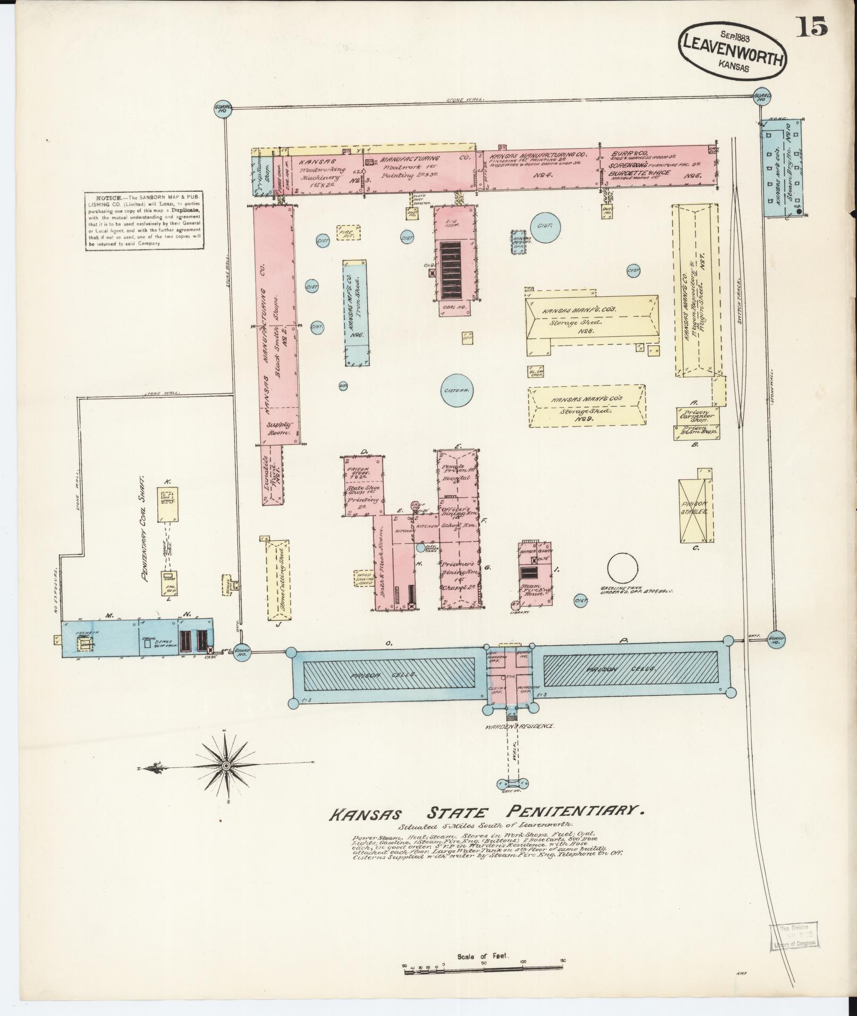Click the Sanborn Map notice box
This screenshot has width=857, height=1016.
tap(145, 221)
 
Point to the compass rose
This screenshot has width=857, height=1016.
tap(225, 765)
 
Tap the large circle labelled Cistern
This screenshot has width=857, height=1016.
tap(456, 390)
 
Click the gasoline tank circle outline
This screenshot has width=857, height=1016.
tap(622, 569)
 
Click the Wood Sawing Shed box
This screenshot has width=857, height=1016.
tap(364, 579)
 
